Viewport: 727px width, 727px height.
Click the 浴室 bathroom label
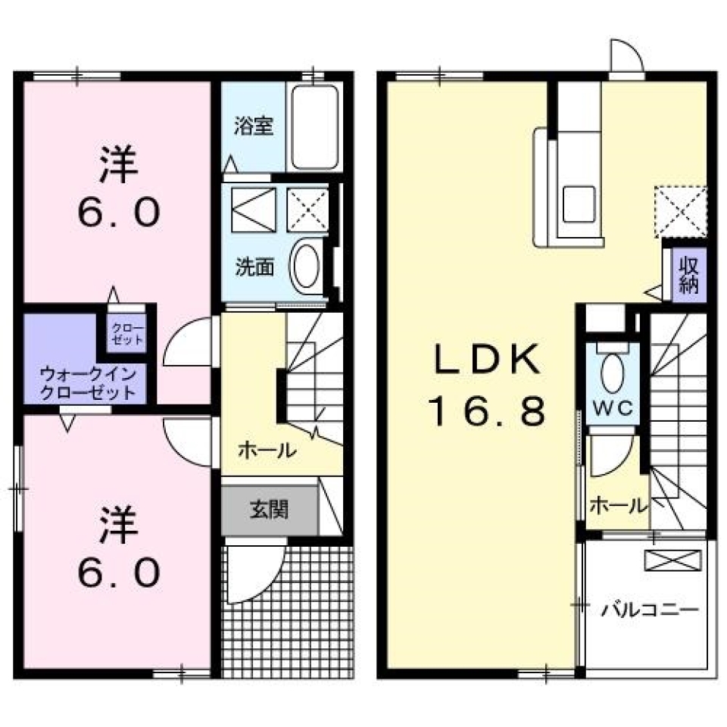coord(254,126)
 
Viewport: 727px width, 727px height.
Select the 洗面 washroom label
coord(254,267)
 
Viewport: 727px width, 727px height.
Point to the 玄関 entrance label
coord(269,510)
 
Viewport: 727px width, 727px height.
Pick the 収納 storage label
coord(688,275)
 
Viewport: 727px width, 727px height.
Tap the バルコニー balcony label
coord(650,610)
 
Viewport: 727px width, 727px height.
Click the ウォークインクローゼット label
coord(89,382)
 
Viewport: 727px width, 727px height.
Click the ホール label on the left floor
coord(267,451)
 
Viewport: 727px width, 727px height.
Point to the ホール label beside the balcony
coord(618,504)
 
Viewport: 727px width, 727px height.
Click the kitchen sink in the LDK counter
coord(579,204)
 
